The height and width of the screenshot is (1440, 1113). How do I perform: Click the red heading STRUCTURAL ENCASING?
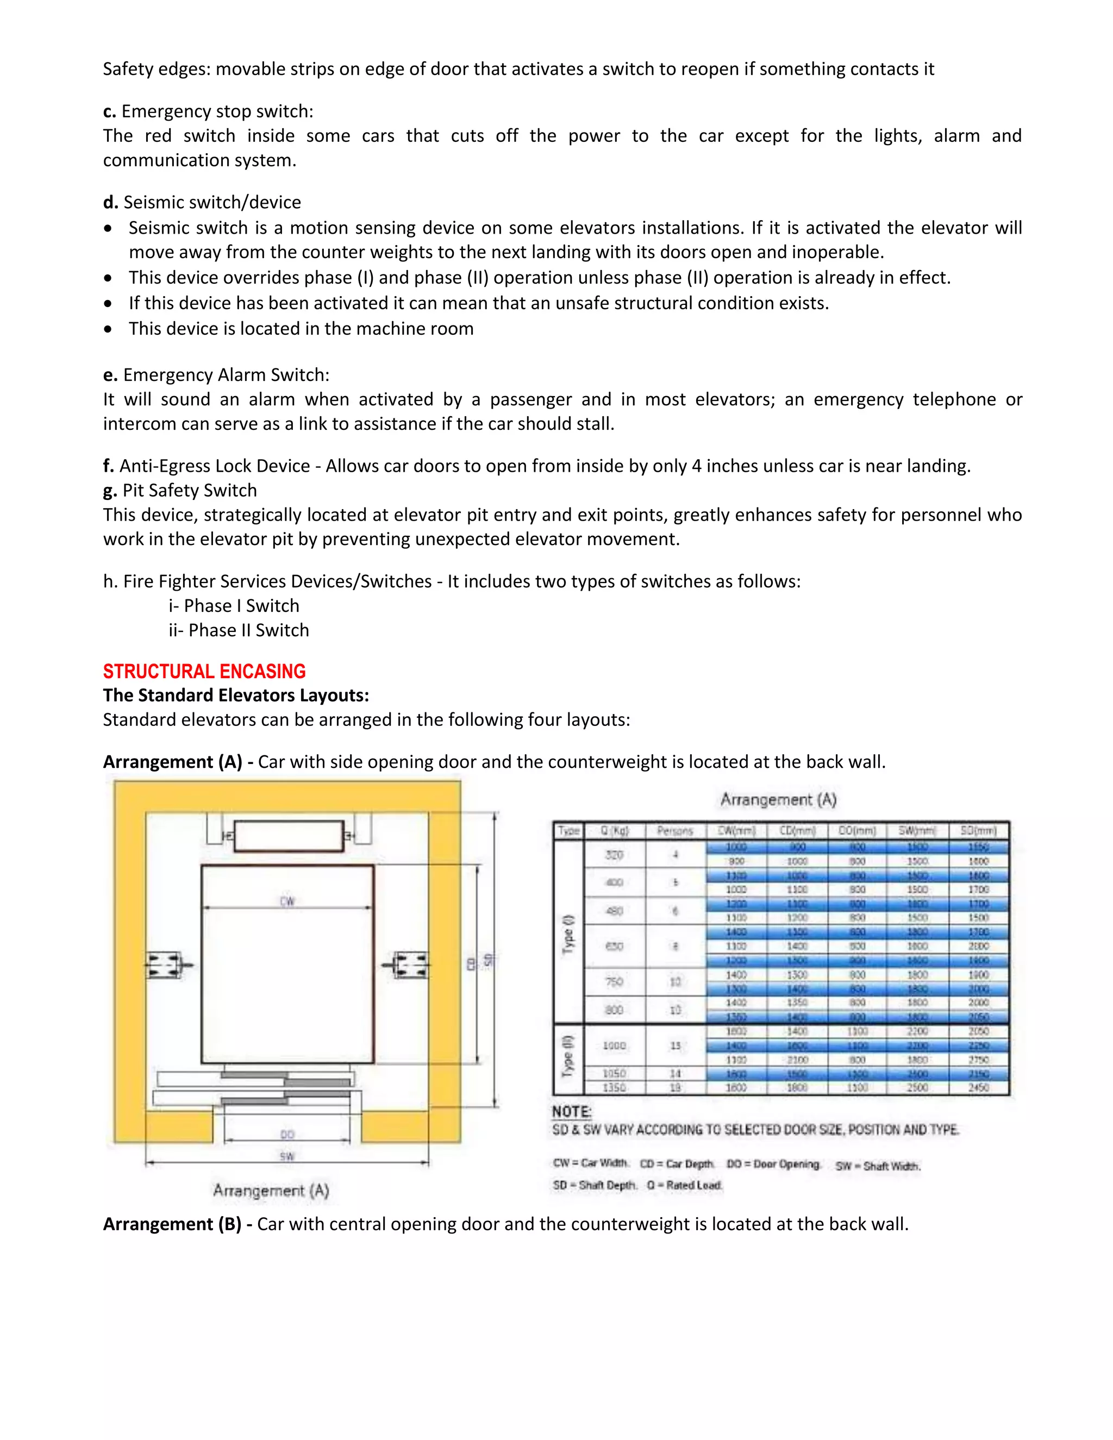(204, 671)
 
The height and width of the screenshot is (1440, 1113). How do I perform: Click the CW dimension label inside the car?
(287, 900)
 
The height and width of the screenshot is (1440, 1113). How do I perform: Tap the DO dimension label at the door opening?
(287, 1134)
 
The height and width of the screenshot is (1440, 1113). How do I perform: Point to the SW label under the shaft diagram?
(287, 1156)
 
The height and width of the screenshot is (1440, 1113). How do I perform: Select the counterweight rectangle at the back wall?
(289, 836)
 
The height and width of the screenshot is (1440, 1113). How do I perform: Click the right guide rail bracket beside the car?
(409, 965)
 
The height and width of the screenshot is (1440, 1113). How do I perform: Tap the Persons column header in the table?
(674, 831)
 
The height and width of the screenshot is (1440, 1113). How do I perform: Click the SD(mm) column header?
(978, 831)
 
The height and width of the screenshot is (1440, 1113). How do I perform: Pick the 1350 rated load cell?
(614, 1088)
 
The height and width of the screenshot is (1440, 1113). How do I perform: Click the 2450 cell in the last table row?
(978, 1088)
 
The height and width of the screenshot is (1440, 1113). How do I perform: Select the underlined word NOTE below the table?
(572, 1112)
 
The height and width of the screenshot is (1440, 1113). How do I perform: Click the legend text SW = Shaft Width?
(877, 1166)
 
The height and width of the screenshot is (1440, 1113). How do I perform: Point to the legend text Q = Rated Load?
(684, 1185)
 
